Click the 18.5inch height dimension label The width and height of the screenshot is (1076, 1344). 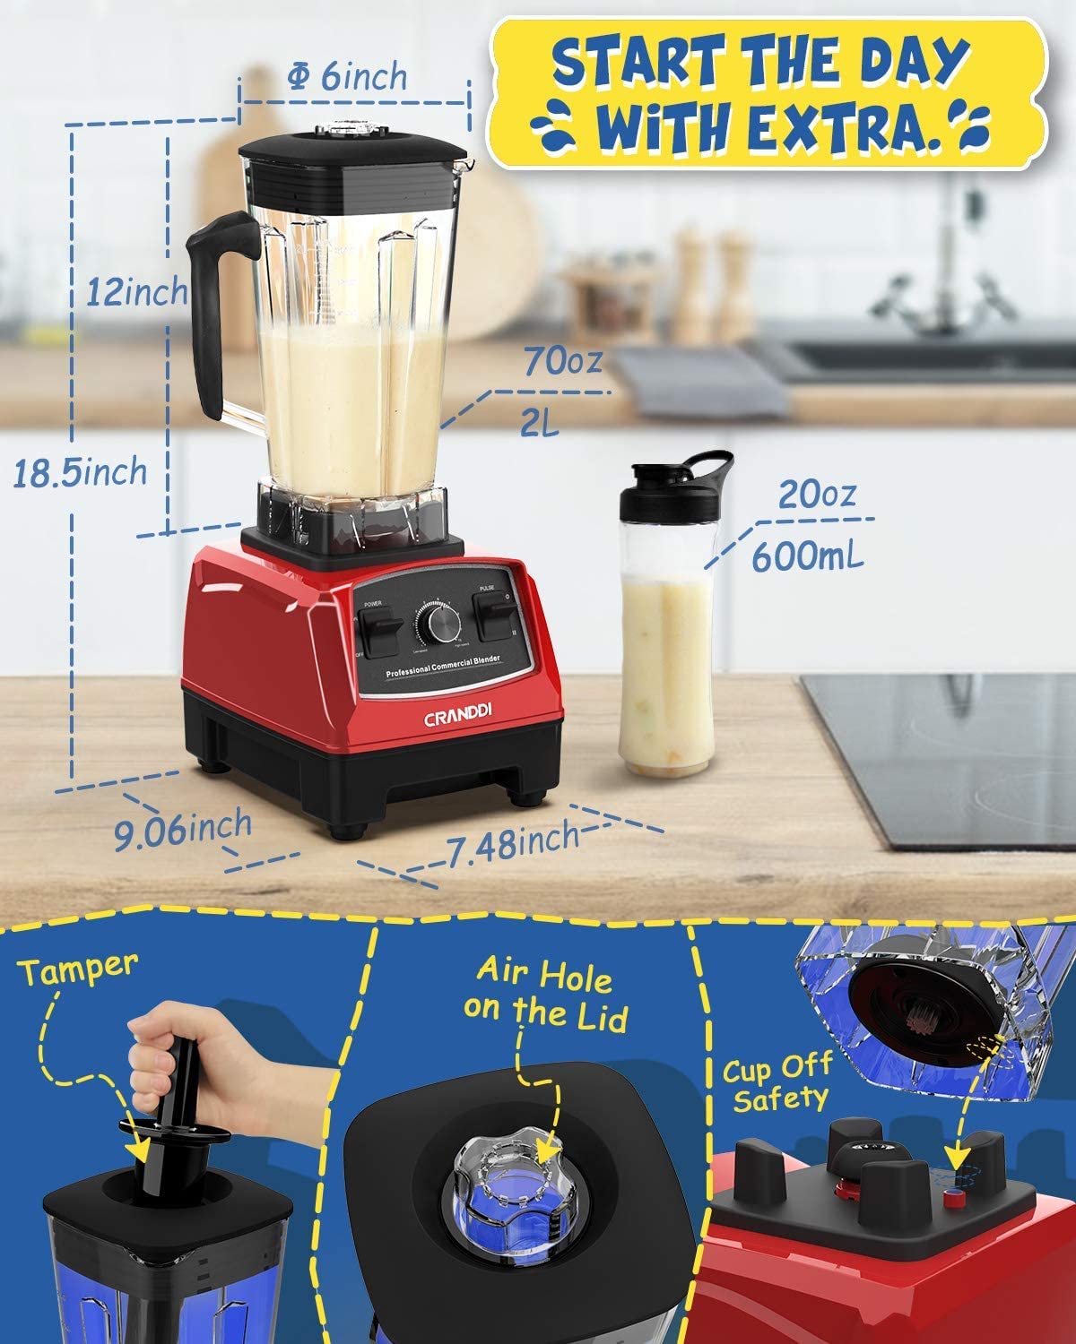tap(79, 471)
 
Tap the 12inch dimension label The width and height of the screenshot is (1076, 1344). tap(137, 291)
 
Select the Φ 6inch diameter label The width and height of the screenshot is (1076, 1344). tap(347, 78)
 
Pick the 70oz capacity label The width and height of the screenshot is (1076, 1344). tap(563, 363)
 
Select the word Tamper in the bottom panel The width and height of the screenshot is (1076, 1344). tap(81, 968)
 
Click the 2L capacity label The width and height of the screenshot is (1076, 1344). tap(540, 422)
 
